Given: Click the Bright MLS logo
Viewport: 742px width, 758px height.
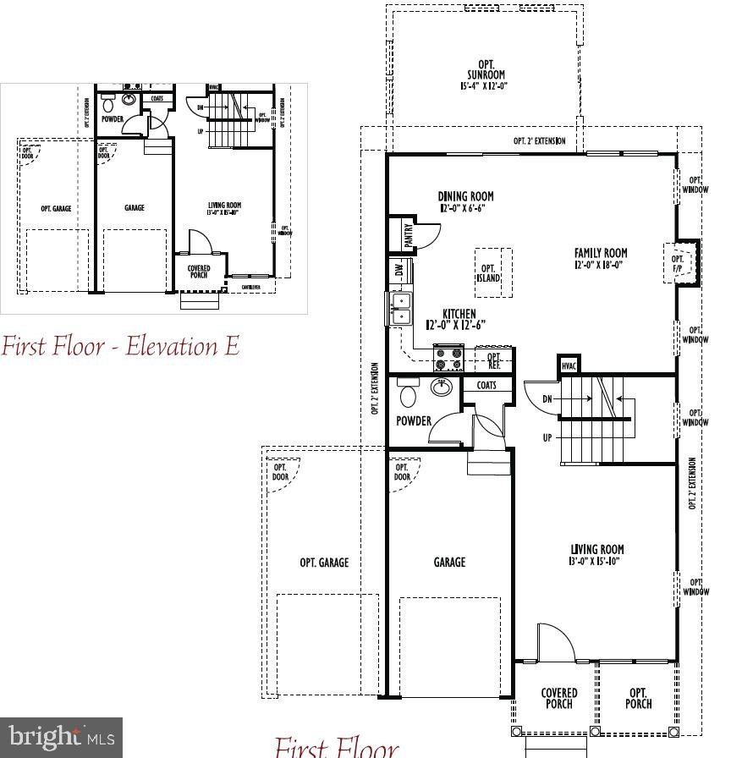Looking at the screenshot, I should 61,738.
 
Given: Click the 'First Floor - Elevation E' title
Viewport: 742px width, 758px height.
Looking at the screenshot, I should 120,346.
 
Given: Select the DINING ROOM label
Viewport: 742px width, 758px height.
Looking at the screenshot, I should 465,201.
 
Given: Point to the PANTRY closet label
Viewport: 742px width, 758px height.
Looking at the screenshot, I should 409,234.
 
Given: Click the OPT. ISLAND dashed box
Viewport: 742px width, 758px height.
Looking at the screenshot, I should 492,272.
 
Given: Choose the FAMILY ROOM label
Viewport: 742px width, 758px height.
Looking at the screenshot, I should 600,258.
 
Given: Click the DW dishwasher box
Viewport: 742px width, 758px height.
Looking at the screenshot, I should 399,272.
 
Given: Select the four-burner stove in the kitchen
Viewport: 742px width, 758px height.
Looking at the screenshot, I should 448,358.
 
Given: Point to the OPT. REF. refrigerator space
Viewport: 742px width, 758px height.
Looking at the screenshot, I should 495,360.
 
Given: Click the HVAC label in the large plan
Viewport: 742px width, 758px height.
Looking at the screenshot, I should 569,365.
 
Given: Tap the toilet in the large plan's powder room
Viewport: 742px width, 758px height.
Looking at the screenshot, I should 408,393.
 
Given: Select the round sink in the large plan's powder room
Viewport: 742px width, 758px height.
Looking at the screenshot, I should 442,387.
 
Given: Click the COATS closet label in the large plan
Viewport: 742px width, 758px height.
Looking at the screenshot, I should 486,386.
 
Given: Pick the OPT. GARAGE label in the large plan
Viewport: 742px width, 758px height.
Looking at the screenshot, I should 324,563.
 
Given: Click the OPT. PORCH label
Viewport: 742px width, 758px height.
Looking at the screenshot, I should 638,699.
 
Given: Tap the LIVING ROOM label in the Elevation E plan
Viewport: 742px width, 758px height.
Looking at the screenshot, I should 224,208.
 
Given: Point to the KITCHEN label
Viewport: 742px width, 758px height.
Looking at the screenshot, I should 459,319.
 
